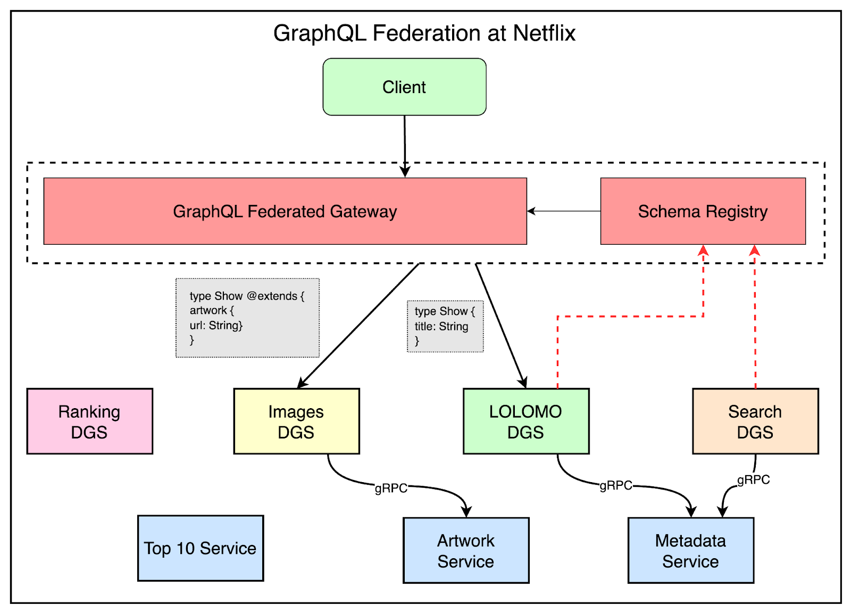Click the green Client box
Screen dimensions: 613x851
404,87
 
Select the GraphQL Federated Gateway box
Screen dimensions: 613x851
285,211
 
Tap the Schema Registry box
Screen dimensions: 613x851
703,211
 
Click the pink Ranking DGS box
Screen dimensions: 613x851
89,421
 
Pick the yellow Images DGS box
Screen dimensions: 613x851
296,421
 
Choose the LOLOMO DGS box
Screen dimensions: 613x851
525,421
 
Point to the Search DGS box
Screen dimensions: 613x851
755,421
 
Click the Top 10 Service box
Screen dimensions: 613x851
200,548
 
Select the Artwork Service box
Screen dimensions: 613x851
466,550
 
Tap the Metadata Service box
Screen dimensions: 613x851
690,550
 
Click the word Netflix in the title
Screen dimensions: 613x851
544,33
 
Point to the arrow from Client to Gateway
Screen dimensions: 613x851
405,144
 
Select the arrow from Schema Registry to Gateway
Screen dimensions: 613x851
564,211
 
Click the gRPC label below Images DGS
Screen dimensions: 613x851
391,488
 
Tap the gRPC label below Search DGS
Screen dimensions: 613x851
753,479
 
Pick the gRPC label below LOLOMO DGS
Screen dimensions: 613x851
616,485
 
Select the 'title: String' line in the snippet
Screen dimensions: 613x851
441,326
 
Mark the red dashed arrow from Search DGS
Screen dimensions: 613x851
755,319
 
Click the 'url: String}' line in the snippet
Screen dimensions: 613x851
216,325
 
